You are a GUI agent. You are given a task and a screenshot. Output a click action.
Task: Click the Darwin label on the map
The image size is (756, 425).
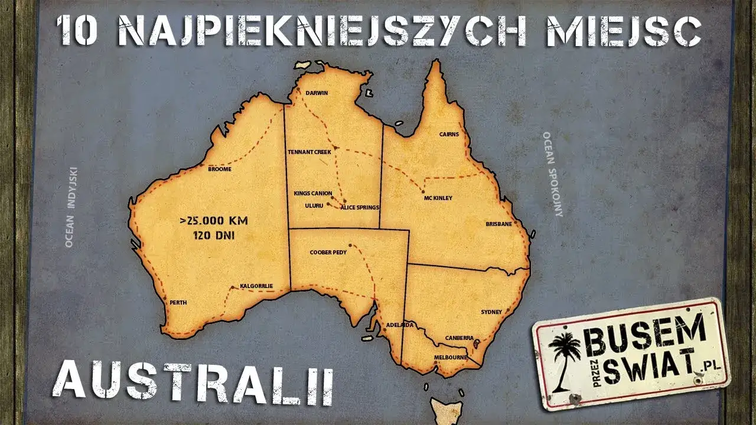point(317,93)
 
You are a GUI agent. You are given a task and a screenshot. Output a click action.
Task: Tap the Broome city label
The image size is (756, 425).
point(220,169)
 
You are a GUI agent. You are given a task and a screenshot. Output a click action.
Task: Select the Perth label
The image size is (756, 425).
point(178,303)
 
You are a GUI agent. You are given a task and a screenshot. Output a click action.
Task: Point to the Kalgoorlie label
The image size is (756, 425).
point(256,286)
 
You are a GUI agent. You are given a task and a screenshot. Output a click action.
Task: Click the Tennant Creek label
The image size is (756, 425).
point(309,152)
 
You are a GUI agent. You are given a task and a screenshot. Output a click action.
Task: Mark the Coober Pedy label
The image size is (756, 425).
point(328,253)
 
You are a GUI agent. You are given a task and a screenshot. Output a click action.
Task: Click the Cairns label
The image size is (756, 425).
point(449,135)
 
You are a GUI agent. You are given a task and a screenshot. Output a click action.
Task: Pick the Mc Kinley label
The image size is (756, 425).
point(438,198)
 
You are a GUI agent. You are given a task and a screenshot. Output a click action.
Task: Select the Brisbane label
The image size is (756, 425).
point(498,224)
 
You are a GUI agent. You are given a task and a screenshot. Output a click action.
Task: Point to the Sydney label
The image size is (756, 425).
point(491,312)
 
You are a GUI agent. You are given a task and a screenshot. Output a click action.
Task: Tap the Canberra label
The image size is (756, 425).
point(460,338)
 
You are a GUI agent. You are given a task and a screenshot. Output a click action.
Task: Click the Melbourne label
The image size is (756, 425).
point(451,358)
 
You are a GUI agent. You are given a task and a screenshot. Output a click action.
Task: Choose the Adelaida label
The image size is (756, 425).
point(399,325)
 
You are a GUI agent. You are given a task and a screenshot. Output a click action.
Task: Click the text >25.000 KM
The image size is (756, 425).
point(214,221)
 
